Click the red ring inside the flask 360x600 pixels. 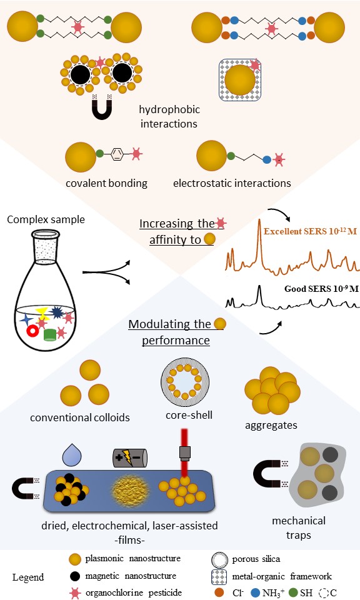tap(33, 331)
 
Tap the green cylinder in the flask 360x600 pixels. tap(50, 334)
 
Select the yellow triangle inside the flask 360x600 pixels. tap(42, 312)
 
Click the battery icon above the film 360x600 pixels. tap(130, 457)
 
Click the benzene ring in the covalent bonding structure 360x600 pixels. tap(117, 154)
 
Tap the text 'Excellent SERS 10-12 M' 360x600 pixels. tap(310, 231)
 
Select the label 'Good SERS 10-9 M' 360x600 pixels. tap(321, 289)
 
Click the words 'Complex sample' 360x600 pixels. tap(46, 219)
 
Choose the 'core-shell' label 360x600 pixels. tap(189, 415)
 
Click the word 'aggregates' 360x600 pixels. tap(271, 425)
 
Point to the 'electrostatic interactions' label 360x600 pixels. tap(232, 183)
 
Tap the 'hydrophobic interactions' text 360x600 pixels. tap(169, 116)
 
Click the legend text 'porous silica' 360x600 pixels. tap(256, 559)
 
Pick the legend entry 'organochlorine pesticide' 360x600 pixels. tap(134, 592)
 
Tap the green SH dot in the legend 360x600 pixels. tap(293, 592)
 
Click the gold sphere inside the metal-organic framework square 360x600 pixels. tap(240, 80)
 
